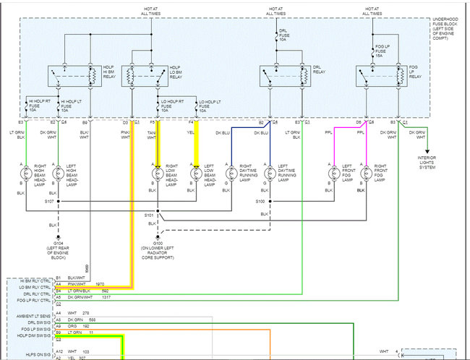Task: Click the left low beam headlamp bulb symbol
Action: click(x=195, y=174)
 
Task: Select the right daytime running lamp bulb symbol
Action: click(x=231, y=174)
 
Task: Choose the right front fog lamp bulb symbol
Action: click(x=367, y=174)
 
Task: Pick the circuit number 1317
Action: click(x=106, y=297)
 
